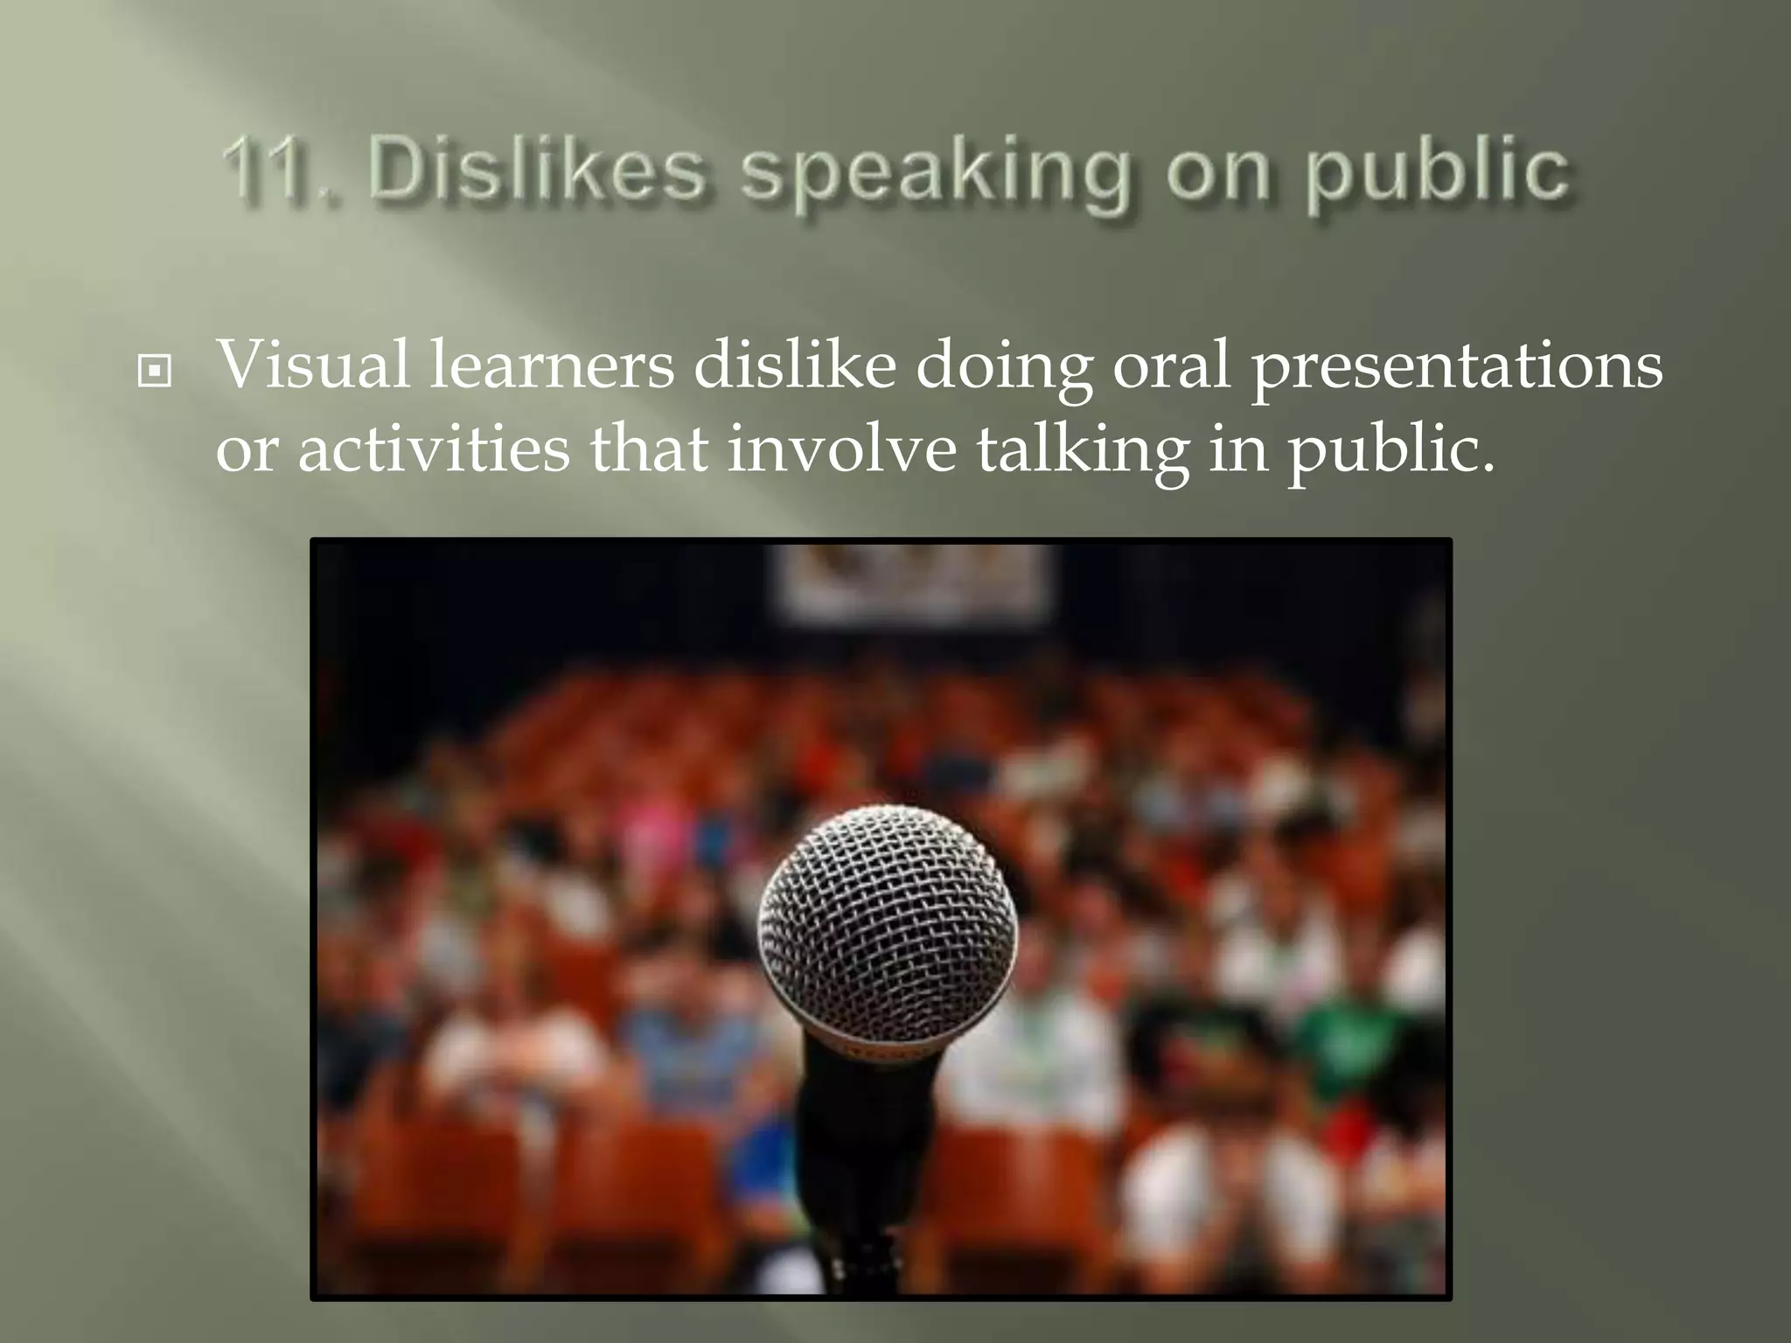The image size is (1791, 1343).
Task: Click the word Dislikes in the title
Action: (536, 169)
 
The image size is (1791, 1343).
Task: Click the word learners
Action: (552, 364)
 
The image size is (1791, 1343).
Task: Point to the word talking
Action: (1083, 453)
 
